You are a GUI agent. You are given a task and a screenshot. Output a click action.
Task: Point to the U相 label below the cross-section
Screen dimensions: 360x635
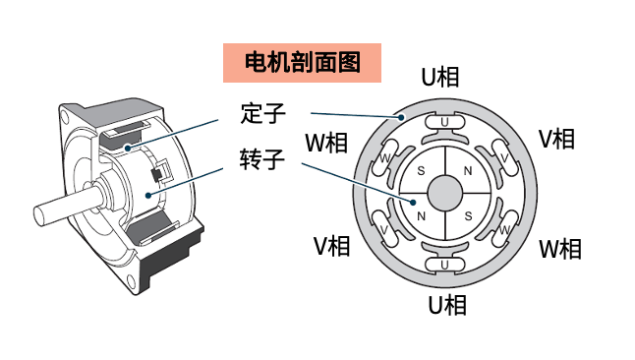(x=447, y=306)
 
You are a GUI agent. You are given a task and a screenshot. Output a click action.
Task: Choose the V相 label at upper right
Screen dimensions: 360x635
(x=556, y=139)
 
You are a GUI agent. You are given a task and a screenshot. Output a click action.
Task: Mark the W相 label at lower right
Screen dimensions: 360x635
(x=561, y=248)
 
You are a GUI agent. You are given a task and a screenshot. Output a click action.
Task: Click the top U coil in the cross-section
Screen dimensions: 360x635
(x=446, y=123)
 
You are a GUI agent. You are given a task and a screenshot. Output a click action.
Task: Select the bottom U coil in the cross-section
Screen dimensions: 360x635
(x=446, y=265)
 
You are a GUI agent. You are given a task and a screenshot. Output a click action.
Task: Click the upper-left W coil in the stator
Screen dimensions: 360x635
(x=386, y=157)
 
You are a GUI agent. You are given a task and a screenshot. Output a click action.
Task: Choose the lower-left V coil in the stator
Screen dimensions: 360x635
(x=385, y=229)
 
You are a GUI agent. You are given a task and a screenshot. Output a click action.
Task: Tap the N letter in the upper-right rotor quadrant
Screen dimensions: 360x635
(x=468, y=171)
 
